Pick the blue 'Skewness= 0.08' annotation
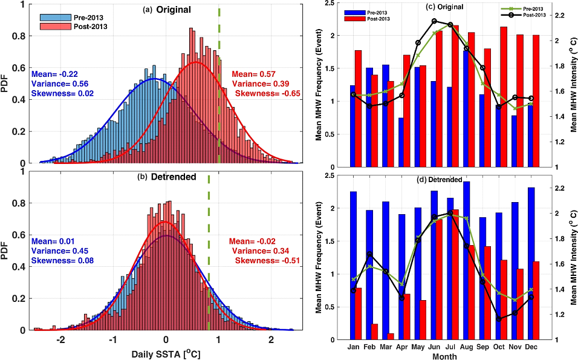click(59, 261)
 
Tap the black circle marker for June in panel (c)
click(435, 21)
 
